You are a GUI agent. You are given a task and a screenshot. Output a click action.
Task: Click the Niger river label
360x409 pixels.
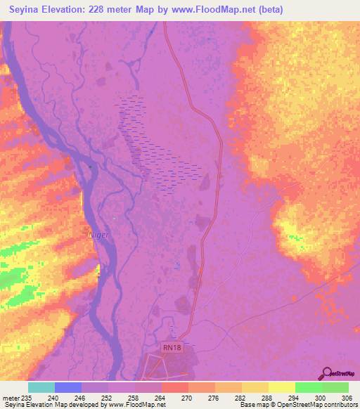[x=98, y=235]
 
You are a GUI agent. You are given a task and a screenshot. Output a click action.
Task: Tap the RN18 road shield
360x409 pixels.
[x=172, y=346]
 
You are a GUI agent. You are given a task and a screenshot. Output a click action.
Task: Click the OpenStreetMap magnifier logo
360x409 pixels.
[x=326, y=374]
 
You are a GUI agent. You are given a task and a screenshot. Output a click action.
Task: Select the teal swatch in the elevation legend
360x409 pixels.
[x=41, y=387]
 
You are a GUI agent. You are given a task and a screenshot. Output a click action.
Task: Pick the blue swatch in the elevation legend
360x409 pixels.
[x=68, y=387]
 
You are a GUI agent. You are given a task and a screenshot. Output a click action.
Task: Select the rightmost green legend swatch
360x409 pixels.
[x=335, y=387]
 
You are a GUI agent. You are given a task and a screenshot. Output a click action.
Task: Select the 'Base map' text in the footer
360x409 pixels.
[x=254, y=405]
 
